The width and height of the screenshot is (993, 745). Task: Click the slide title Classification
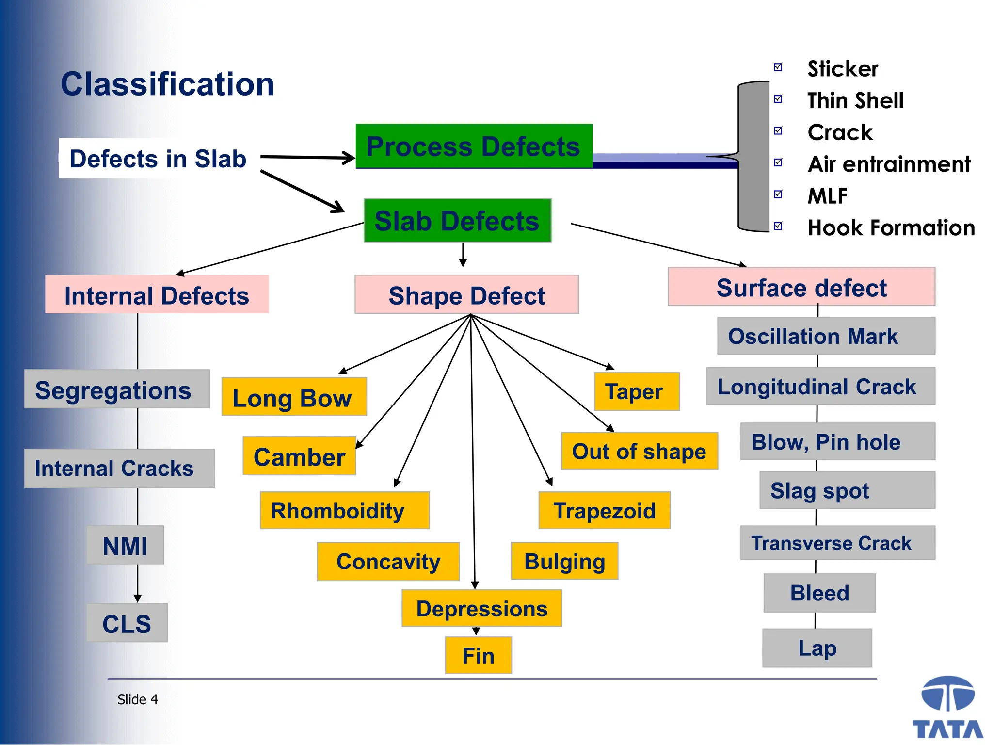point(167,84)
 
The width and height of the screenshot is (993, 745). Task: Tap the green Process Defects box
point(474,146)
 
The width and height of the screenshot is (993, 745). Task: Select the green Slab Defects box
point(457,221)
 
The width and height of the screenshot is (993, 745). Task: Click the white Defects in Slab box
point(158,159)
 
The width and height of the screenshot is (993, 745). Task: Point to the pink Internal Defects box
point(157,295)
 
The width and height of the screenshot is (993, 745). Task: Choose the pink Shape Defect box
point(466,295)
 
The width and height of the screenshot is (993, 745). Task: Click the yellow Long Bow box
point(294,397)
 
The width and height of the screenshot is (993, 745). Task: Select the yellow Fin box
point(478,655)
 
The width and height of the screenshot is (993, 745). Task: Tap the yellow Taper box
point(636,391)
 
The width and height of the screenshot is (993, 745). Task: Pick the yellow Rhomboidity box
point(344,510)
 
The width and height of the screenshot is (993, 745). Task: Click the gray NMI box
point(125,545)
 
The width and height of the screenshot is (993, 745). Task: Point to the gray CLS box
point(127,623)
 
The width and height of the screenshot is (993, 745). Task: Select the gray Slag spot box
point(847,490)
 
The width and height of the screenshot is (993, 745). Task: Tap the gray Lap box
point(817,648)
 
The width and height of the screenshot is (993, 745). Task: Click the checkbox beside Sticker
point(778,67)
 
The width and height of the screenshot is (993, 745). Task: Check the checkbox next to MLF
point(778,194)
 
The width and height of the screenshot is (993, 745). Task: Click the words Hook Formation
point(891,227)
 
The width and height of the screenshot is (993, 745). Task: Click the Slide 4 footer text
point(138,699)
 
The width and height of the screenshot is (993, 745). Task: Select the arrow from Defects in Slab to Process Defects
point(307,157)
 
